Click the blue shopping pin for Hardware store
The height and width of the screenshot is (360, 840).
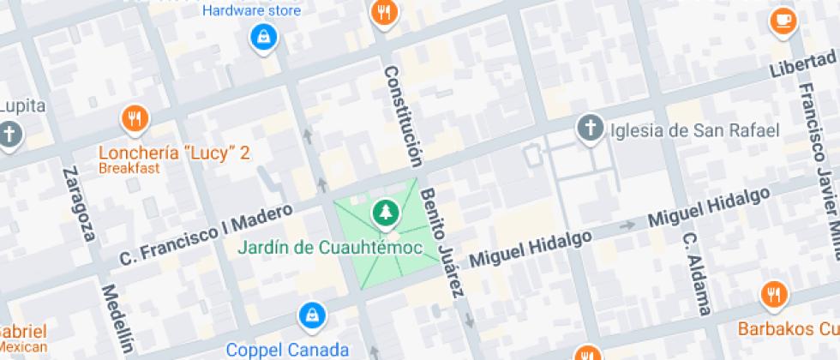[263, 37]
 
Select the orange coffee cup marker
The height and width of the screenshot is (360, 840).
[783, 21]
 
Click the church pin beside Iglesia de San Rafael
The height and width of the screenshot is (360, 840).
[590, 129]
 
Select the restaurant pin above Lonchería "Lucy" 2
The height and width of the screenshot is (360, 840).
[134, 118]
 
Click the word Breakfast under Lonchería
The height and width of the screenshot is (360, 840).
[129, 168]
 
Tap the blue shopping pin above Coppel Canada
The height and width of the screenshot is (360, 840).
[310, 315]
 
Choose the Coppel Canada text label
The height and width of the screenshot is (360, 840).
[287, 350]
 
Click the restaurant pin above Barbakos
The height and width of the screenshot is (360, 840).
[774, 295]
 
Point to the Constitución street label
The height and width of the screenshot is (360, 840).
[403, 116]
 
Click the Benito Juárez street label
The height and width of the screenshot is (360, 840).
[443, 244]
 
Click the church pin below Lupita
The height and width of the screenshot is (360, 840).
[9, 135]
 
